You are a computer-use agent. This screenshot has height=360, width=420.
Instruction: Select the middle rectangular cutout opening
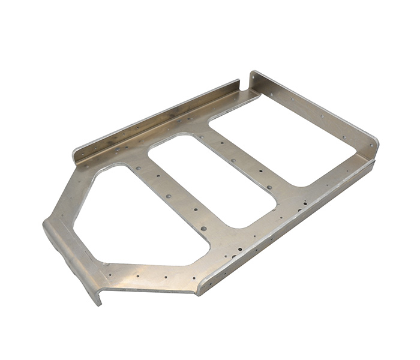click(210, 180)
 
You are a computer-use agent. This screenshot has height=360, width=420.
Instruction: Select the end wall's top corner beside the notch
click(253, 73)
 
